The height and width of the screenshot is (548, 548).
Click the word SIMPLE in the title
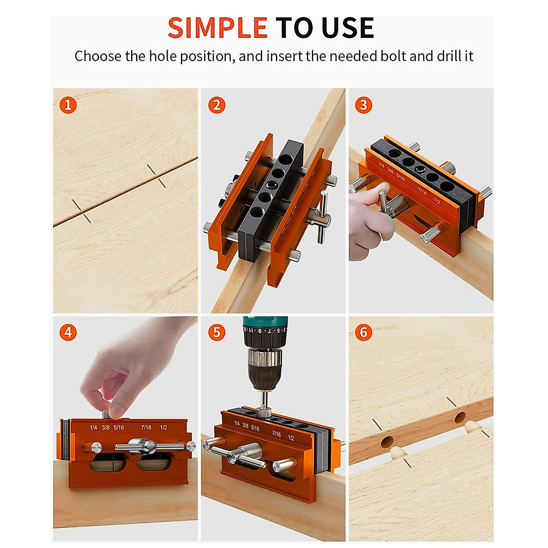[x=217, y=28]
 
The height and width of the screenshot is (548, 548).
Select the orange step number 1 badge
[x=68, y=105]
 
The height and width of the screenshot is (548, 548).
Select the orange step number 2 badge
[x=216, y=105]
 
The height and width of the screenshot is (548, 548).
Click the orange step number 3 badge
[x=364, y=105]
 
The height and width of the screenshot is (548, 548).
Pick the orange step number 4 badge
[x=68, y=332]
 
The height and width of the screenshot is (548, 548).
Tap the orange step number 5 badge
[x=216, y=332]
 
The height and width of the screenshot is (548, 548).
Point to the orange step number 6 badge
[x=364, y=332]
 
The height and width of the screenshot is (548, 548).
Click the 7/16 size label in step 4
[x=146, y=427]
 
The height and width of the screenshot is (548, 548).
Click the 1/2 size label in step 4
[x=163, y=427]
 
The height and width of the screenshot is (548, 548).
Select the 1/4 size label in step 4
[x=93, y=427]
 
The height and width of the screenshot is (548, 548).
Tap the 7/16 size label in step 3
[x=422, y=192]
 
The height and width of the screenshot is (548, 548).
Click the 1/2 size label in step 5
[x=291, y=437]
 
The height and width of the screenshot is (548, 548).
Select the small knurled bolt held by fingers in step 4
[x=106, y=414]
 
